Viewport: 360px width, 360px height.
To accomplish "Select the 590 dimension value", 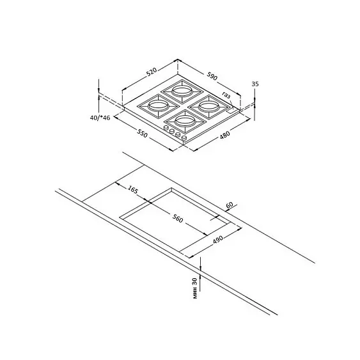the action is coord(212,76).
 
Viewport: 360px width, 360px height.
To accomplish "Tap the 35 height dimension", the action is coord(255,84).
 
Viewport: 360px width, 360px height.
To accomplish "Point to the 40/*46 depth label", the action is coord(100,118).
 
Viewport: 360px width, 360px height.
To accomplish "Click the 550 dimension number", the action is coord(143,134).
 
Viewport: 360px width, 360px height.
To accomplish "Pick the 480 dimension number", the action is coord(225,135).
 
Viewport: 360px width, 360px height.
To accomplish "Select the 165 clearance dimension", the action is coord(133,190).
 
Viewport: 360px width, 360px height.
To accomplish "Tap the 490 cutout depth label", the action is coord(217,240).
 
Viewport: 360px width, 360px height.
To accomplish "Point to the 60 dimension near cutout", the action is coord(230,205).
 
